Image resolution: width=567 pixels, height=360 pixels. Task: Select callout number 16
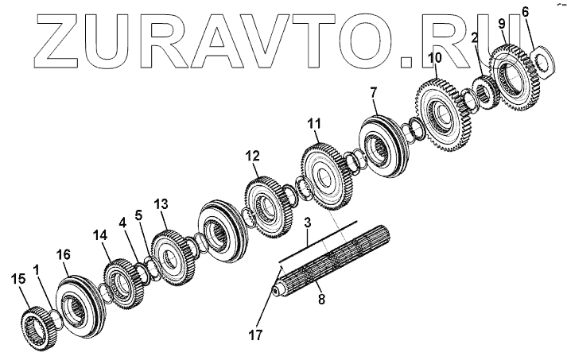64,254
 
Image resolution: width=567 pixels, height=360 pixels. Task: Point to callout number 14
99,235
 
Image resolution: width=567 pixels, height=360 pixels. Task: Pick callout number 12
252,158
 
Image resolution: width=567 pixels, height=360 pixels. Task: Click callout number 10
435,58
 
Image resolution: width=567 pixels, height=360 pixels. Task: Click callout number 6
525,11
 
